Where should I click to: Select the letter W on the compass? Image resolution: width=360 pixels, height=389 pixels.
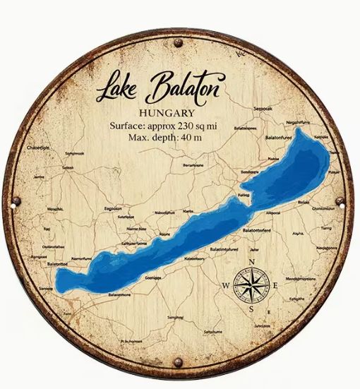[226, 285]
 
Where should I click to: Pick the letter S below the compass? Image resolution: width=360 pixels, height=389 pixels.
[251, 309]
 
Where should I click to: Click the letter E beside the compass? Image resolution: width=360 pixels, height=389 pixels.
[275, 285]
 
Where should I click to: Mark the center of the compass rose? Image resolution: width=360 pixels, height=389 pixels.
[251, 285]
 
